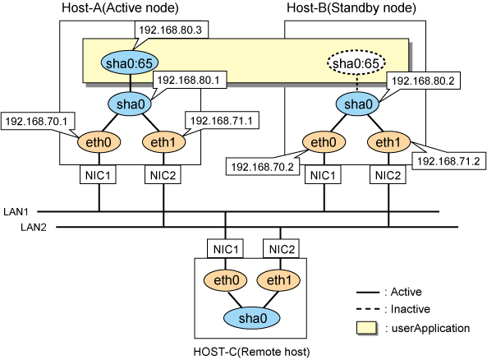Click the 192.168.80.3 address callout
[172, 30]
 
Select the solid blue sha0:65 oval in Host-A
[129, 62]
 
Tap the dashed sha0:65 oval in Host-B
[356, 62]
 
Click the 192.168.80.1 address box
[189, 80]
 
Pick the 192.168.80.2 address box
[423, 81]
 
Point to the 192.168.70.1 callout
[37, 121]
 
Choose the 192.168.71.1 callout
[222, 120]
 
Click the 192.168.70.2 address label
[263, 167]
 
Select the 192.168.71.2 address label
[448, 161]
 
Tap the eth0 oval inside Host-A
[99, 142]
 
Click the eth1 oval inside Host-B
[388, 142]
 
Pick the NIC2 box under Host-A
[163, 175]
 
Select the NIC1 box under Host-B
[323, 175]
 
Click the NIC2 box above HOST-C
[281, 249]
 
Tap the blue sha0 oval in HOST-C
[252, 318]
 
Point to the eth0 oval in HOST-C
[226, 280]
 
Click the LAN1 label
[16, 212]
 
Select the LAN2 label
[34, 227]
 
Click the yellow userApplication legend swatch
[366, 328]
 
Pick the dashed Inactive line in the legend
[368, 309]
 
